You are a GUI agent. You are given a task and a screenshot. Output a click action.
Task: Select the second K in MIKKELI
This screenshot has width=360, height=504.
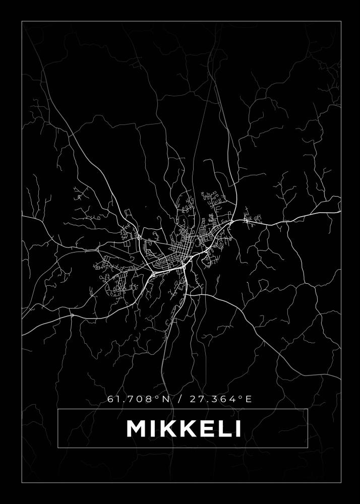point(184,428)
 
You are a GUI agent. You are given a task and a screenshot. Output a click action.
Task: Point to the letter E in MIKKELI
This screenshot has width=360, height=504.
point(202,428)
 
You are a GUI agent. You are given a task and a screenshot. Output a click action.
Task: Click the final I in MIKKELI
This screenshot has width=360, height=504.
point(236,428)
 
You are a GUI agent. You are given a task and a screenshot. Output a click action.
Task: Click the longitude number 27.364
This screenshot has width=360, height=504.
point(211,399)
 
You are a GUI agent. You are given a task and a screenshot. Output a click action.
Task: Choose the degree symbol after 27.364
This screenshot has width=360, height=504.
point(238,397)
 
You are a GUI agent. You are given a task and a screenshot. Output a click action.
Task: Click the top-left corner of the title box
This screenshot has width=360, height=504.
point(58,409)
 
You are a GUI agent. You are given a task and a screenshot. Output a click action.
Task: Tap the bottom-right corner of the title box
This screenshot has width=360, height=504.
point(308,448)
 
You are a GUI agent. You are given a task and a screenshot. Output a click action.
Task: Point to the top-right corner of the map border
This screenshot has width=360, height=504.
point(341,21)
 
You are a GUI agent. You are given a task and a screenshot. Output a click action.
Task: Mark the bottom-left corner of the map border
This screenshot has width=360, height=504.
point(22,482)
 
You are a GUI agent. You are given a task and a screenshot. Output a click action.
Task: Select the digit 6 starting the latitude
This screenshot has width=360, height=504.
point(110,399)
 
